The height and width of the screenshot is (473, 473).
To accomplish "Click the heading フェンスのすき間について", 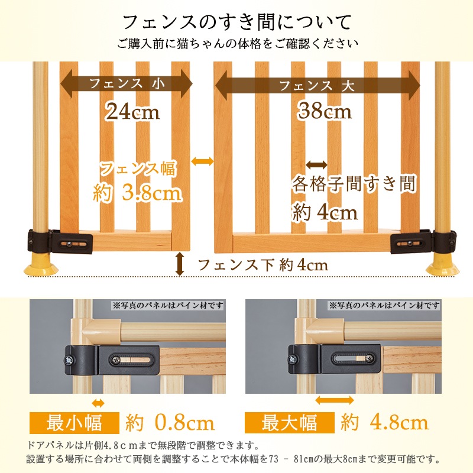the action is pyautogui.click(x=237, y=22).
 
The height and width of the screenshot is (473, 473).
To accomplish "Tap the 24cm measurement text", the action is pyautogui.click(x=132, y=111).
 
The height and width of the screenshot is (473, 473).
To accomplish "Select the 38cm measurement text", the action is pyautogui.click(x=325, y=111).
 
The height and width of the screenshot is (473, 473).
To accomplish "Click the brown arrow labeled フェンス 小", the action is pyautogui.click(x=127, y=83).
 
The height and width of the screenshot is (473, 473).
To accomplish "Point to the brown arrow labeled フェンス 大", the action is pyautogui.click(x=318, y=86).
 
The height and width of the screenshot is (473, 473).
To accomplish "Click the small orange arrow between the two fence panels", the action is pyautogui.click(x=202, y=161).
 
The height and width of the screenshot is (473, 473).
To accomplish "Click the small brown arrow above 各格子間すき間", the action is pyautogui.click(x=316, y=165).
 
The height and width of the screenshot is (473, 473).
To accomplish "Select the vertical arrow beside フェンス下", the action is pyautogui.click(x=180, y=264).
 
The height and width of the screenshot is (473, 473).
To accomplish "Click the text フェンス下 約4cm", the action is pyautogui.click(x=263, y=265).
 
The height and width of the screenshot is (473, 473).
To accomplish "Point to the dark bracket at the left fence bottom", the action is pyautogui.click(x=60, y=241).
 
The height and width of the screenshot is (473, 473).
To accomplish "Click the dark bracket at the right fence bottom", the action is pyautogui.click(x=423, y=241).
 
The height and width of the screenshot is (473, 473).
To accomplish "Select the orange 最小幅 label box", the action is pyautogui.click(x=74, y=423).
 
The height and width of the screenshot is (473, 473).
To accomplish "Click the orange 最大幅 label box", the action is pyautogui.click(x=290, y=423).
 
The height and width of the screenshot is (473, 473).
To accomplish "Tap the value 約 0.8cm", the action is pyautogui.click(x=170, y=423).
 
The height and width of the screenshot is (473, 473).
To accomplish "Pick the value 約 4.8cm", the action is pyautogui.click(x=385, y=423).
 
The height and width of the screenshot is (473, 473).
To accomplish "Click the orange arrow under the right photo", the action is pyautogui.click(x=334, y=400).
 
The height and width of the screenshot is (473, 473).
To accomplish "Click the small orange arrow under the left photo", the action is pyautogui.click(x=98, y=403).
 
